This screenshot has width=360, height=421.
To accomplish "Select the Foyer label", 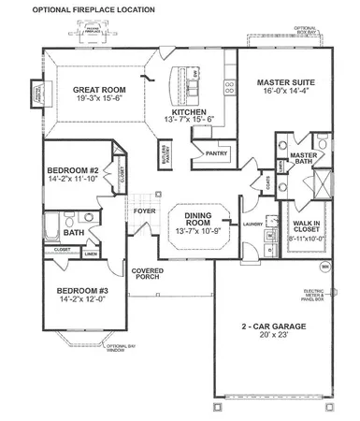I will click(143, 211).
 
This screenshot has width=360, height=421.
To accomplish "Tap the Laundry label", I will click(251, 225).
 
